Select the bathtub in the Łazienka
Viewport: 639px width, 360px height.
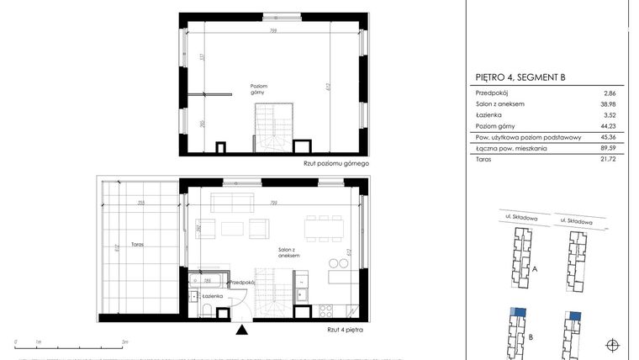tap(207, 281)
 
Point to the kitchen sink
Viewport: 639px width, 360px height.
tap(301, 294)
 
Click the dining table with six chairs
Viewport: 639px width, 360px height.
tap(325, 225)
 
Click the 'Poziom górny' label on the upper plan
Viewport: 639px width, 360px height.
tap(260, 89)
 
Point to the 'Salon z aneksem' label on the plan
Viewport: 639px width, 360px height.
tap(291, 253)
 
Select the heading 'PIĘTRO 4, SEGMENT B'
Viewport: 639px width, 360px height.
tap(520, 77)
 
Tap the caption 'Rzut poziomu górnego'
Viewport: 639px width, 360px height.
tap(336, 163)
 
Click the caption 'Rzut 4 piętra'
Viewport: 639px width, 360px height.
tap(346, 331)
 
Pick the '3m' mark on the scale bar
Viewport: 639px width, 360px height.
tap(124, 342)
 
